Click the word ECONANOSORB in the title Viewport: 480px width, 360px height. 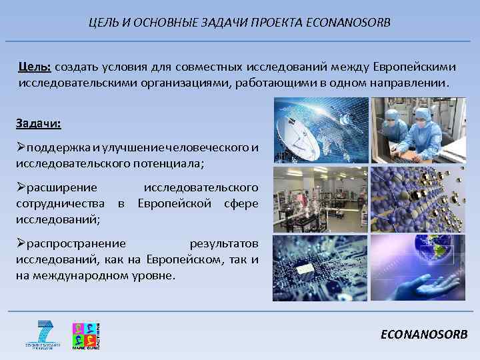350,23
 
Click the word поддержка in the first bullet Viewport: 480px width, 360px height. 57,147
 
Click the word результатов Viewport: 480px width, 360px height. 224,243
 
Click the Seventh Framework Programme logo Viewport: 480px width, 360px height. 45,335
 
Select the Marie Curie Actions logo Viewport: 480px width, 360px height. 86,335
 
